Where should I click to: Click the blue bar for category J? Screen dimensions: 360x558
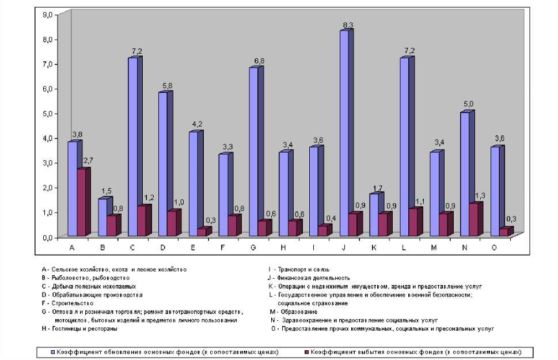[x=344, y=133]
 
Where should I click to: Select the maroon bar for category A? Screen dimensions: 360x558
[x=81, y=202]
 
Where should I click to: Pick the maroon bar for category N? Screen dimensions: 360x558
[x=473, y=219]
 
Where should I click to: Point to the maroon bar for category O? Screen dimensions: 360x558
[x=503, y=232]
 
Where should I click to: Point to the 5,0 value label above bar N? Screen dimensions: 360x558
[x=468, y=104]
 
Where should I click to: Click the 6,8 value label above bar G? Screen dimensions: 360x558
[x=256, y=60]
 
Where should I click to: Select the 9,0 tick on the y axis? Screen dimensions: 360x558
[x=47, y=14]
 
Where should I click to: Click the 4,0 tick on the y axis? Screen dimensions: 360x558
[x=47, y=138]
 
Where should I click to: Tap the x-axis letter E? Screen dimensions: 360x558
[x=192, y=248]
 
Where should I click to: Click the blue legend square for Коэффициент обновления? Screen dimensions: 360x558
[x=52, y=351]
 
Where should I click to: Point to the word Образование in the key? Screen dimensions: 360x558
[x=297, y=312]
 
